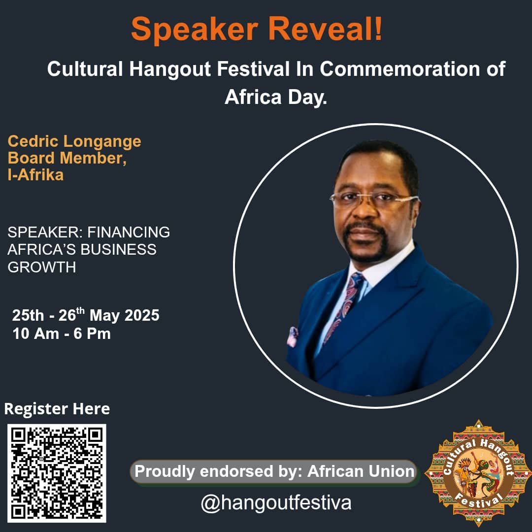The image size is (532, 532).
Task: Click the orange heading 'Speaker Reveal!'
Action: (x=257, y=29)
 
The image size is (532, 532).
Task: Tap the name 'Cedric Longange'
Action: (x=74, y=141)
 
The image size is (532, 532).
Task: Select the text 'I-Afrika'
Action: (x=35, y=175)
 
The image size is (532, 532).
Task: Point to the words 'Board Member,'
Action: (x=67, y=158)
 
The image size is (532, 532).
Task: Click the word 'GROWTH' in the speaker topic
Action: (x=42, y=267)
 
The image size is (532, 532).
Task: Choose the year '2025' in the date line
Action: (x=142, y=315)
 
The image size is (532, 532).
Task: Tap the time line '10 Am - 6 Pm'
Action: (x=62, y=333)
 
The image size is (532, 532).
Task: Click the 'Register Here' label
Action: (x=57, y=408)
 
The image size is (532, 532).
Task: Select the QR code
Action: (x=57, y=473)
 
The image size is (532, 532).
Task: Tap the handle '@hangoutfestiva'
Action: (x=276, y=503)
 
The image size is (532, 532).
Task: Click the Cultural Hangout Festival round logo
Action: (x=478, y=473)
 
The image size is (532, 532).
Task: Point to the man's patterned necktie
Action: (x=344, y=305)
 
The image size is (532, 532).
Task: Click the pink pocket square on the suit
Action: (x=292, y=336)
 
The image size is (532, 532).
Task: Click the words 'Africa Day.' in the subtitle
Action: (x=276, y=97)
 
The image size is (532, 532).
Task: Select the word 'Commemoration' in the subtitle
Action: (x=399, y=69)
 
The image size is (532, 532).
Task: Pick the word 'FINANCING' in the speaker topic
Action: (x=129, y=233)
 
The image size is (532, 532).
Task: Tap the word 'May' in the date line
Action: (x=104, y=316)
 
